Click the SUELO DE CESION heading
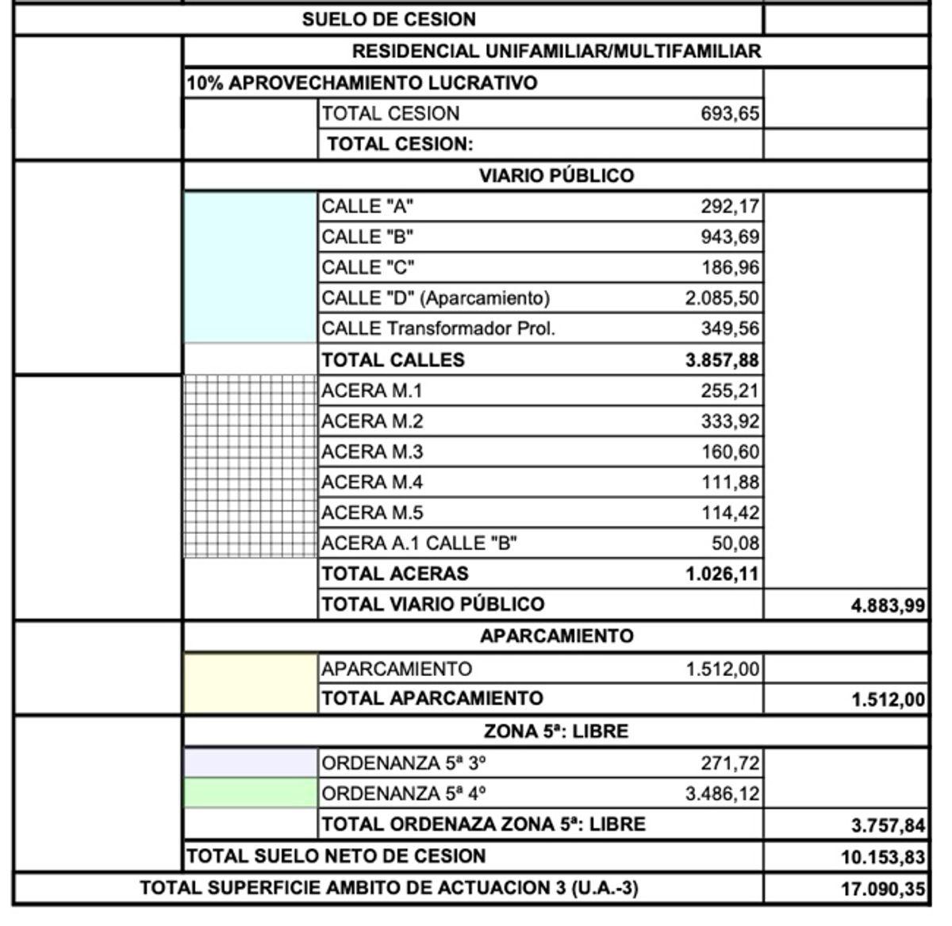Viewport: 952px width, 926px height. pyautogui.click(x=389, y=20)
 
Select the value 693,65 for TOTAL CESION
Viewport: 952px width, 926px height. pyautogui.click(x=729, y=114)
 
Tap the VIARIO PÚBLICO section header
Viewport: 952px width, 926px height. pyautogui.click(x=556, y=176)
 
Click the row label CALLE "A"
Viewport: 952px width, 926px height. pyautogui.click(x=367, y=207)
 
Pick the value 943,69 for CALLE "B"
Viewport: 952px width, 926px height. pyautogui.click(x=729, y=237)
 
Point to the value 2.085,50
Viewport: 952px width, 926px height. pyautogui.click(x=722, y=298)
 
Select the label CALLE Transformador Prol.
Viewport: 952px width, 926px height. pyautogui.click(x=438, y=329)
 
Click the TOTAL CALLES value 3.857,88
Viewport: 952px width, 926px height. pyautogui.click(x=722, y=360)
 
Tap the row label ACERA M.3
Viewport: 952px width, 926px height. pyautogui.click(x=372, y=452)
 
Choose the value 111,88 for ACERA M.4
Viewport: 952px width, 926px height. pyautogui.click(x=729, y=482)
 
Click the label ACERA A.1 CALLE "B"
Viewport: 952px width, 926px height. pyautogui.click(x=419, y=544)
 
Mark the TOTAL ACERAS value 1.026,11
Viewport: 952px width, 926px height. pyautogui.click(x=722, y=574)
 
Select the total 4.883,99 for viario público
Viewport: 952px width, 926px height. pyautogui.click(x=888, y=606)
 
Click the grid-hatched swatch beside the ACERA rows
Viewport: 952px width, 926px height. pyautogui.click(x=250, y=467)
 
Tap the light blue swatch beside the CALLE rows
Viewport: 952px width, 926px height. pyautogui.click(x=250, y=267)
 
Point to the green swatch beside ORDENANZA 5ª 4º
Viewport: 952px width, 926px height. pyautogui.click(x=250, y=793)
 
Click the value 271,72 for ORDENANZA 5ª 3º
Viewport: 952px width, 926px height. pyautogui.click(x=729, y=763)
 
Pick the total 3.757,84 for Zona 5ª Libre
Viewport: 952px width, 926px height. pyautogui.click(x=888, y=826)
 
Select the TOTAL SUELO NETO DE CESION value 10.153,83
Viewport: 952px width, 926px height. pyautogui.click(x=882, y=858)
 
